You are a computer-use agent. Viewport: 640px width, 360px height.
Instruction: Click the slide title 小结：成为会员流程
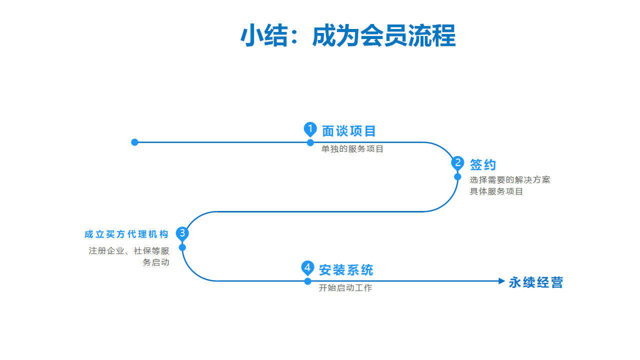click(348, 35)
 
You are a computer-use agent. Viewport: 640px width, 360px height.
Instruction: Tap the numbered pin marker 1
click(310, 129)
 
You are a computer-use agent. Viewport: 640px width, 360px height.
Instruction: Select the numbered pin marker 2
click(457, 163)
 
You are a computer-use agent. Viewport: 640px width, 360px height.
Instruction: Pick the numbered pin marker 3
click(182, 233)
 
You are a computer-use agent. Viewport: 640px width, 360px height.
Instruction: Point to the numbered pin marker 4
click(307, 268)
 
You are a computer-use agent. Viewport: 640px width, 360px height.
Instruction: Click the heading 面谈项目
click(348, 131)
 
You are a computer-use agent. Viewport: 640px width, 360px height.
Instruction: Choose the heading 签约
click(483, 164)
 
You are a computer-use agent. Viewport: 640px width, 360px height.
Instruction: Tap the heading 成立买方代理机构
click(126, 234)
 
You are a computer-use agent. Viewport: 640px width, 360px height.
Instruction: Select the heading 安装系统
click(346, 270)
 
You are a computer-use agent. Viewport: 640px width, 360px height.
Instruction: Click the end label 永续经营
click(535, 282)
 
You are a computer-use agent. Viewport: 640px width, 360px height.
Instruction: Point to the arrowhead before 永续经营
click(501, 281)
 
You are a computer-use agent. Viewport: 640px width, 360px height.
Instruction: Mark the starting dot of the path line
click(134, 142)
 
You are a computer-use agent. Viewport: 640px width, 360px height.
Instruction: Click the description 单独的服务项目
click(352, 149)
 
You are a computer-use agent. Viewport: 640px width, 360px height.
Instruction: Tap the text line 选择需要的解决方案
click(510, 179)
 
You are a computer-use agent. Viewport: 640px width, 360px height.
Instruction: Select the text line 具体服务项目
click(496, 191)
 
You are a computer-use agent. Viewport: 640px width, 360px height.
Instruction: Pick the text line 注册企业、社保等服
click(129, 251)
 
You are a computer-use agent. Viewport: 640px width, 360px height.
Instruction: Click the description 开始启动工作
click(345, 287)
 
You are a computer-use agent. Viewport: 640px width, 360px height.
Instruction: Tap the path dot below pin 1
click(310, 142)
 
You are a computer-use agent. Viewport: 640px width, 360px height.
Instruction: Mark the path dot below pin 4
click(307, 281)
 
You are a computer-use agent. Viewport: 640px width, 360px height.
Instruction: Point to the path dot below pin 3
click(182, 247)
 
